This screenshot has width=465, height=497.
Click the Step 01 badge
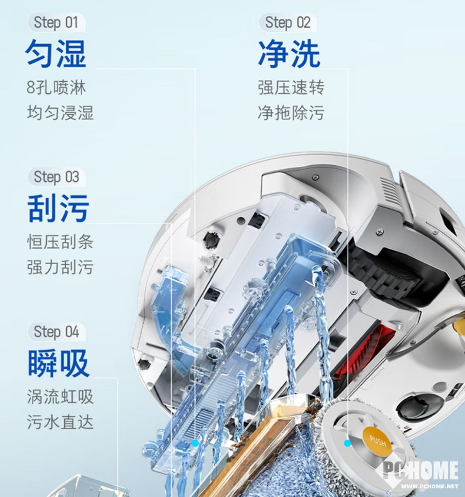point(56,22)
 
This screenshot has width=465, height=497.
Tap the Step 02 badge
point(288,22)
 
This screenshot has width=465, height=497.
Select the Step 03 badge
point(56,177)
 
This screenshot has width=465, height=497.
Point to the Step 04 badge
point(56,331)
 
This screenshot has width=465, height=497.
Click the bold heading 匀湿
point(56,53)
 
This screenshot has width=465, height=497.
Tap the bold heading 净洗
point(289,53)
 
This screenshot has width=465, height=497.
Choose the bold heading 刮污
point(58,208)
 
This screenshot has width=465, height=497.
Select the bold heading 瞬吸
point(58,363)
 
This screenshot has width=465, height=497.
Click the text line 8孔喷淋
point(56,87)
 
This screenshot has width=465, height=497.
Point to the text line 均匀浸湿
point(60,113)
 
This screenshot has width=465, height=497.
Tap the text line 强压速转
point(291,87)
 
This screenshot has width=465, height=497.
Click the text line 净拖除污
point(291,113)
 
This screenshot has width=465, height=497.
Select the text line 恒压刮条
point(60,242)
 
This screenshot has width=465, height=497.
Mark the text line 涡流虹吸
point(60,397)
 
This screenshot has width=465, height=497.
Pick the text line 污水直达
point(60,422)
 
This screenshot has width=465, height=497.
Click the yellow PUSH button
point(377,441)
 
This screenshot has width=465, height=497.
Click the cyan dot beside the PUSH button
point(347,443)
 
